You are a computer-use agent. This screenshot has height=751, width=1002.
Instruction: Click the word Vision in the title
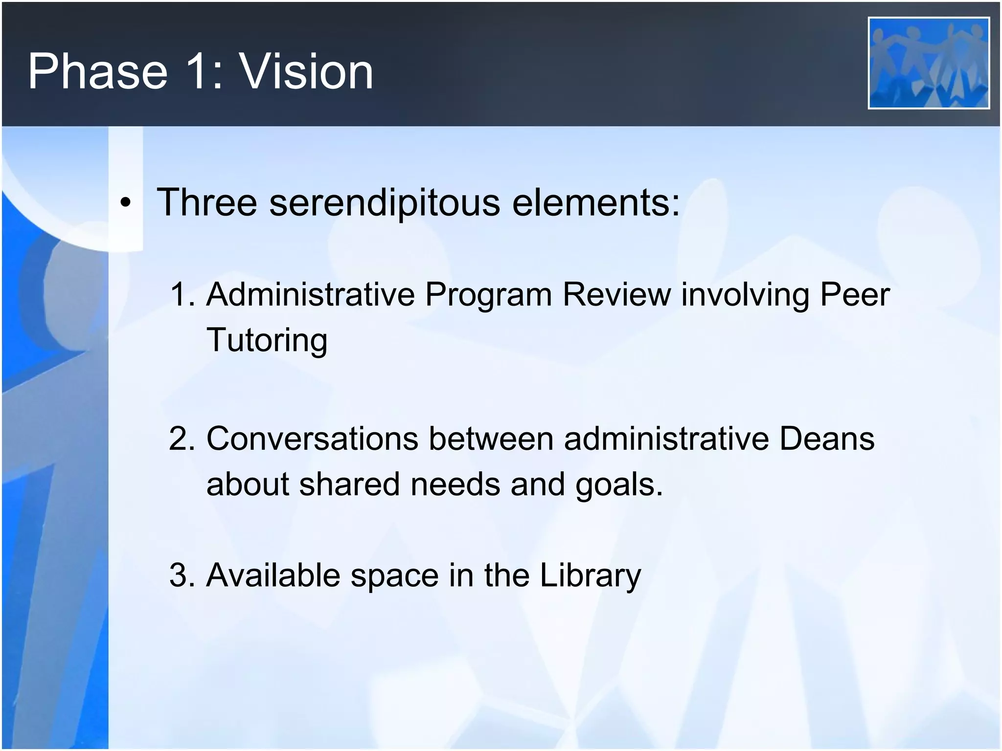pyautogui.click(x=306, y=72)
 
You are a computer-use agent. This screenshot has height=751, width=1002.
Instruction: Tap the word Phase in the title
pyautogui.click(x=98, y=72)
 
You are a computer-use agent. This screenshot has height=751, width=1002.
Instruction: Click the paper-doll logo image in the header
pyautogui.click(x=929, y=63)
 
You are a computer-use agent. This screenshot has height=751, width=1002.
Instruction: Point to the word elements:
pyautogui.click(x=596, y=202)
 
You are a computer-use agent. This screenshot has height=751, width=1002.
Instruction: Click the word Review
pyautogui.click(x=616, y=295)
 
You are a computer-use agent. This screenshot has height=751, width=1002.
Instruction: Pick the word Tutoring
pyautogui.click(x=267, y=341)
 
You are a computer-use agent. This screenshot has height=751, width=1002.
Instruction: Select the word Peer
pyautogui.click(x=854, y=295)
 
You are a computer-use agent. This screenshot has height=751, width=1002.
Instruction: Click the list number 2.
pyautogui.click(x=181, y=439)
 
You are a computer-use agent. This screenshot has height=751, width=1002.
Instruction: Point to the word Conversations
pyautogui.click(x=312, y=439)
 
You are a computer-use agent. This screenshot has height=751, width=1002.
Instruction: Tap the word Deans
pyautogui.click(x=827, y=439)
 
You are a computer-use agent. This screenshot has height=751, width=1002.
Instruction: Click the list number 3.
pyautogui.click(x=181, y=575)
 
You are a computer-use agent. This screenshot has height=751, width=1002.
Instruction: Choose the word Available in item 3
pyautogui.click(x=273, y=575)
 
